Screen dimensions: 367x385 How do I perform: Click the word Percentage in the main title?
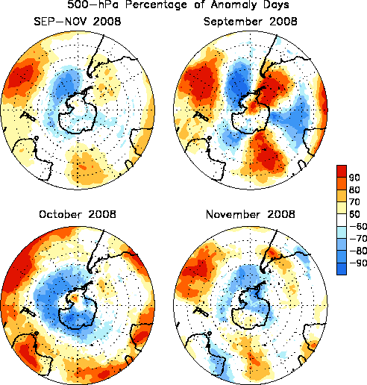pyautogui.click(x=156, y=4)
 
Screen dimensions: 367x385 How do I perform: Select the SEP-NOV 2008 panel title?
pyautogui.click(x=78, y=22)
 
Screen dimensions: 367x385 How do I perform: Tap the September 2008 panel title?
pyautogui.click(x=250, y=22)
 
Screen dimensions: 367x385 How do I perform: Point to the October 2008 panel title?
pyautogui.click(x=78, y=214)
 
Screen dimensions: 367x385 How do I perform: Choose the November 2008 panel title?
pyautogui.click(x=251, y=214)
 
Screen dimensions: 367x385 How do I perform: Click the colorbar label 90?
pyautogui.click(x=354, y=178)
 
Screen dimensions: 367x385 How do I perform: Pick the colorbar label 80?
pyautogui.click(x=354, y=190)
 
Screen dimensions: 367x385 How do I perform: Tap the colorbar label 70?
pyautogui.click(x=354, y=202)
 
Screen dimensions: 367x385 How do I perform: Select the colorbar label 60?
pyautogui.click(x=354, y=214)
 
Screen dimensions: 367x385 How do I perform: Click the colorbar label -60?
pyautogui.click(x=358, y=226)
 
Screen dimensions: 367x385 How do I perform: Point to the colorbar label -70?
pyautogui.click(x=358, y=239)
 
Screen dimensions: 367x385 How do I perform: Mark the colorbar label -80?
pyautogui.click(x=358, y=251)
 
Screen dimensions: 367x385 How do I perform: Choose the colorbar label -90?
pyautogui.click(x=358, y=263)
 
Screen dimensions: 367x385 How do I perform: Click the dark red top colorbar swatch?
pyautogui.click(x=342, y=172)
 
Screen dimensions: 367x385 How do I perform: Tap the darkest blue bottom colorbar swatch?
pyautogui.click(x=342, y=269)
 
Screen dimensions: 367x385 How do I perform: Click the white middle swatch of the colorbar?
pyautogui.click(x=342, y=220)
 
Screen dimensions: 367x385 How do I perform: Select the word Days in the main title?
pyautogui.click(x=276, y=4)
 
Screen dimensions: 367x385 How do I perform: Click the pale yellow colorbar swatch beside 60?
pyautogui.click(x=342, y=208)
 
